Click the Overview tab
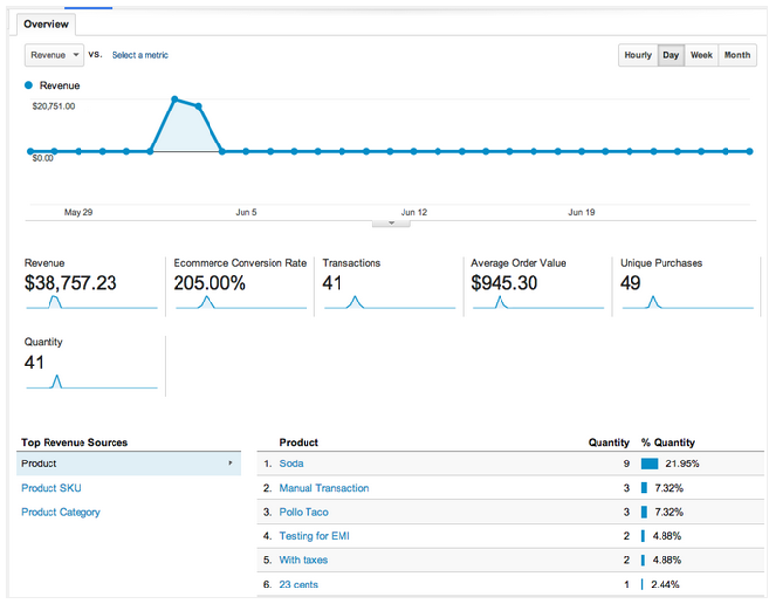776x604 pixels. coord(46,24)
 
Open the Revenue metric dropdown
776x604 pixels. coord(54,55)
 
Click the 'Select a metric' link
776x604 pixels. coord(140,55)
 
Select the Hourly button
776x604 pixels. coord(637,55)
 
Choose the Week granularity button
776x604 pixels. coord(701,55)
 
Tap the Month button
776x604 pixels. coord(736,55)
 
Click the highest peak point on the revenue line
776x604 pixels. coord(175,99)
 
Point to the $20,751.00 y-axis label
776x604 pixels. coord(53,106)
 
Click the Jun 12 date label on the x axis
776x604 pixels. coord(414,212)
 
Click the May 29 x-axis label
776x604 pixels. coord(79,212)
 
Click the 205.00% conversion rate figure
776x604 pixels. coord(210,283)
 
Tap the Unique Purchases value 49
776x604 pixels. coord(632,283)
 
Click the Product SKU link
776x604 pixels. coord(52,488)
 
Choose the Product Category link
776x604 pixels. coord(60,512)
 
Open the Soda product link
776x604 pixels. coord(291,463)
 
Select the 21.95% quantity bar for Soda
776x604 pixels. coord(650,463)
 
